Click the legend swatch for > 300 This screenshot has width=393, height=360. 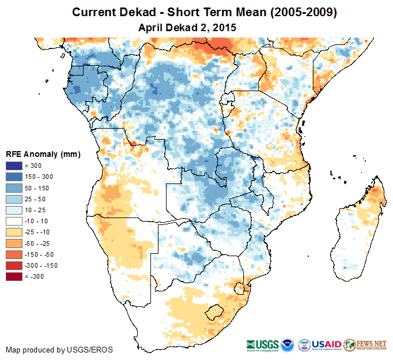pyautogui.click(x=14, y=166)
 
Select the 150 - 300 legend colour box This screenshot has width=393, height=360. pyautogui.click(x=14, y=177)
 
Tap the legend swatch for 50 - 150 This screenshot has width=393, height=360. pyautogui.click(x=14, y=188)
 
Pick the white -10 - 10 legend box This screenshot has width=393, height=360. pyautogui.click(x=14, y=221)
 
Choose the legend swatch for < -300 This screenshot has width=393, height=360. pyautogui.click(x=14, y=276)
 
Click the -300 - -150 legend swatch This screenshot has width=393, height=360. pyautogui.click(x=14, y=265)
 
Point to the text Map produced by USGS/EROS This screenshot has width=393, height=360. pyautogui.click(x=59, y=350)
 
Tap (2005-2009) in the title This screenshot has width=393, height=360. pyautogui.click(x=300, y=12)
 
